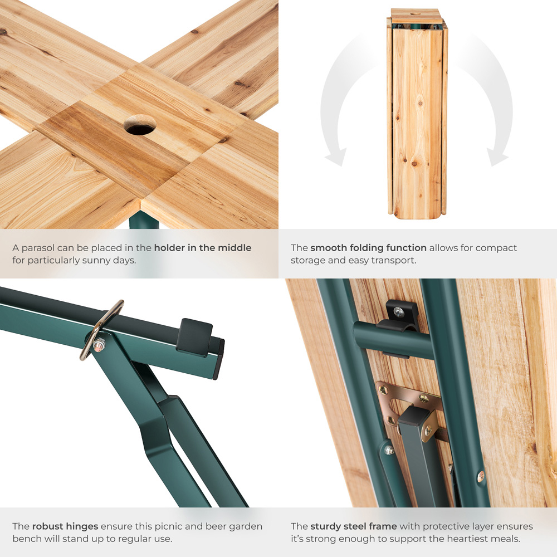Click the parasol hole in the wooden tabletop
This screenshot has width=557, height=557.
[x=140, y=125]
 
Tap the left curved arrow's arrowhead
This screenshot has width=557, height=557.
[x=336, y=156]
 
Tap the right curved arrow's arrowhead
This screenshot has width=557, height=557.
[x=497, y=157]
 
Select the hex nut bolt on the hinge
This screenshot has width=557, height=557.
[x=99, y=344]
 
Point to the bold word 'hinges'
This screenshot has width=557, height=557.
[x=82, y=526]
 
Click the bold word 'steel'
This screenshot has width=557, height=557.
[x=353, y=526]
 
